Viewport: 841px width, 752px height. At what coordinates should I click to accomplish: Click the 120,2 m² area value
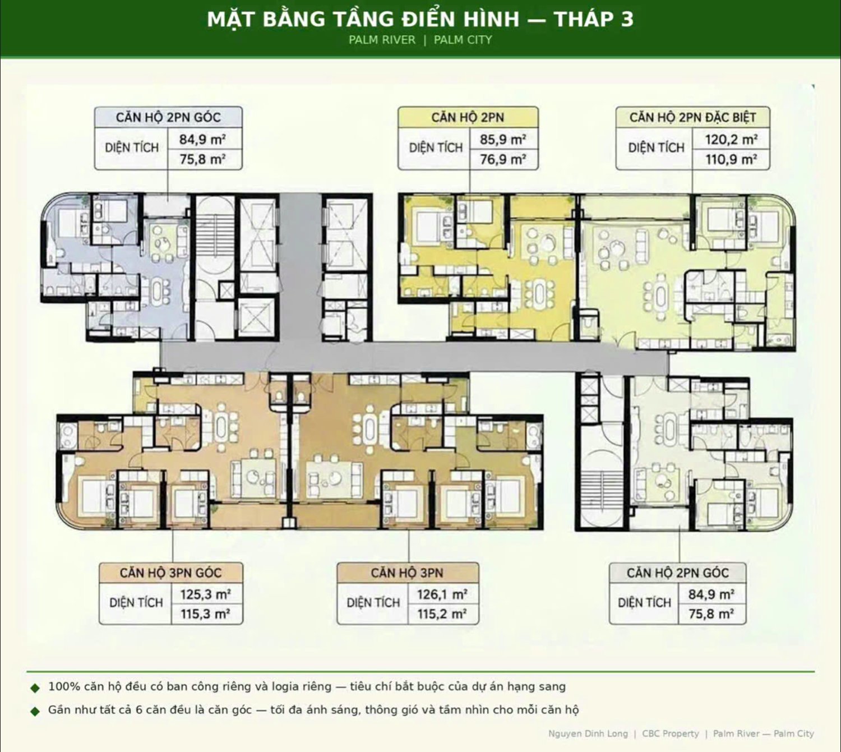tap(731, 140)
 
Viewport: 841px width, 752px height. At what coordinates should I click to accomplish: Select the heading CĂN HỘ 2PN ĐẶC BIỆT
tap(692, 118)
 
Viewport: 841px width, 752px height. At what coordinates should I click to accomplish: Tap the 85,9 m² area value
tap(503, 140)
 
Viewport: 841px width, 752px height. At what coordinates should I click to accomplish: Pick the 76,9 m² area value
tap(503, 159)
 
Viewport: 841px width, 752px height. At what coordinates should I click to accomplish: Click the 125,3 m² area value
tap(205, 594)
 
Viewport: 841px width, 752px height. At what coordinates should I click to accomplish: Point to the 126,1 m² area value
tap(442, 594)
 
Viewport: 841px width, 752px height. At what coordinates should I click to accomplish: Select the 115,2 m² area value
tap(442, 613)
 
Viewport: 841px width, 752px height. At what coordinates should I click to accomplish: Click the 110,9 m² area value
tap(731, 159)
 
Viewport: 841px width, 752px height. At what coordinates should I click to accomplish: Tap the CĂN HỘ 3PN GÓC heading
tap(170, 573)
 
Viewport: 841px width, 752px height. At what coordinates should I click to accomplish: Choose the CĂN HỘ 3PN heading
tap(407, 573)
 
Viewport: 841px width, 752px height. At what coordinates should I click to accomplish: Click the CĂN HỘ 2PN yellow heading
tap(468, 118)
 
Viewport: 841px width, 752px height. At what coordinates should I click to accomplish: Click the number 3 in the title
tap(627, 20)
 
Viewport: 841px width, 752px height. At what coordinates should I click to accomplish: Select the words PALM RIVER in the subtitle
tap(382, 40)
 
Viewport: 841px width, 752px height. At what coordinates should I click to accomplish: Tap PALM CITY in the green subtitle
tap(463, 40)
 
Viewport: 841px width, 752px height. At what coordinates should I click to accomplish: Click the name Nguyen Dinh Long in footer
tap(588, 733)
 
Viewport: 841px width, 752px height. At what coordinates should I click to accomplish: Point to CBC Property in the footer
tap(671, 733)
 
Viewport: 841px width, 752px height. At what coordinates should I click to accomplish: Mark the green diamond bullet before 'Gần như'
tap(35, 711)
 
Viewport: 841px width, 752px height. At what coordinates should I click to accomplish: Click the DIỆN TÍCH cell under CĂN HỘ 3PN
tap(373, 602)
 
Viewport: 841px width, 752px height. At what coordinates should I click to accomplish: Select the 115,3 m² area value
tap(205, 613)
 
